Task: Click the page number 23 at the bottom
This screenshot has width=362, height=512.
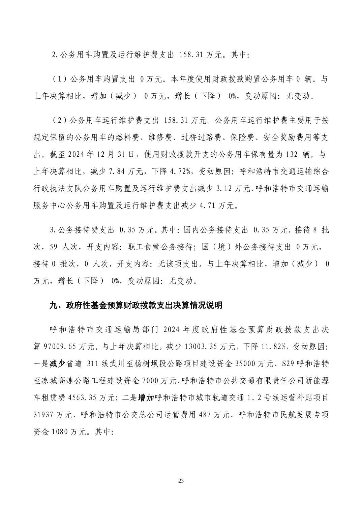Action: [x=181, y=481]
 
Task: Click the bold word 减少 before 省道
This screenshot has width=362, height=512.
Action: [x=57, y=363]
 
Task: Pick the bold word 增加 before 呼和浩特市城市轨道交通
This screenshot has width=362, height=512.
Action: [x=146, y=397]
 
